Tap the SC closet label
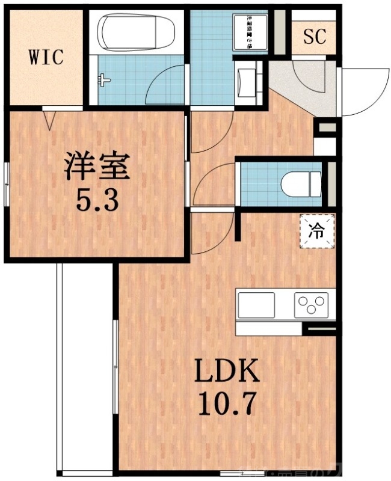click(314, 37)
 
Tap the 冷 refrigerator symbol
click(316, 229)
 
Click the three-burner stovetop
click(312, 304)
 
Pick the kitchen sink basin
click(256, 304)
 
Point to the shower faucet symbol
click(106, 78)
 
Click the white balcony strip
click(84, 367)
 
